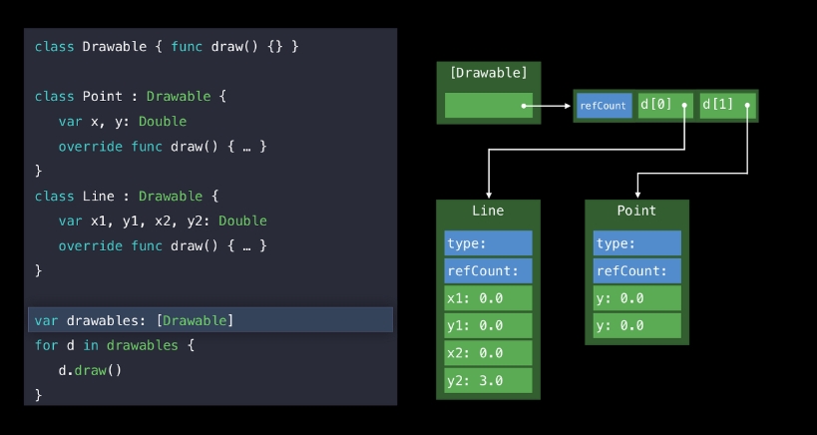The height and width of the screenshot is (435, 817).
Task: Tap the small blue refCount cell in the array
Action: tap(603, 106)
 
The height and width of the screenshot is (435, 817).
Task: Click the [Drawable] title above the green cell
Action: tap(488, 72)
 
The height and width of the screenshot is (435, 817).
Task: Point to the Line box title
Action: tap(488, 211)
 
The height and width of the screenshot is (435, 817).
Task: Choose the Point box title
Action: tap(636, 211)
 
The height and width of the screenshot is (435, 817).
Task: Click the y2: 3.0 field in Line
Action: tap(488, 380)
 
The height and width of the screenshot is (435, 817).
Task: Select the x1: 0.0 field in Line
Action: tap(488, 298)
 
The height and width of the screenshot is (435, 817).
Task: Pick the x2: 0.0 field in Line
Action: tap(488, 353)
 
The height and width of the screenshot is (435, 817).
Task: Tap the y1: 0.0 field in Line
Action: tap(488, 325)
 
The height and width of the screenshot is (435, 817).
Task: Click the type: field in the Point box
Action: tap(636, 243)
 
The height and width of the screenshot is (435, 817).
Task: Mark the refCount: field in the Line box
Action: tap(488, 271)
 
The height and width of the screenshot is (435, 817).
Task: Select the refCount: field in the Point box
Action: tap(636, 271)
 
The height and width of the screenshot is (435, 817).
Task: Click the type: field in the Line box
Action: tap(488, 243)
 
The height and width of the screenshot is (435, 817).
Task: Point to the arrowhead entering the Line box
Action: tap(488, 195)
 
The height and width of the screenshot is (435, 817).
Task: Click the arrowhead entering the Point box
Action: tap(637, 195)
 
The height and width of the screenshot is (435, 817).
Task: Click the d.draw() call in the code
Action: tap(90, 370)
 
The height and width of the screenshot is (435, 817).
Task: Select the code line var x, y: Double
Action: tap(122, 122)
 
